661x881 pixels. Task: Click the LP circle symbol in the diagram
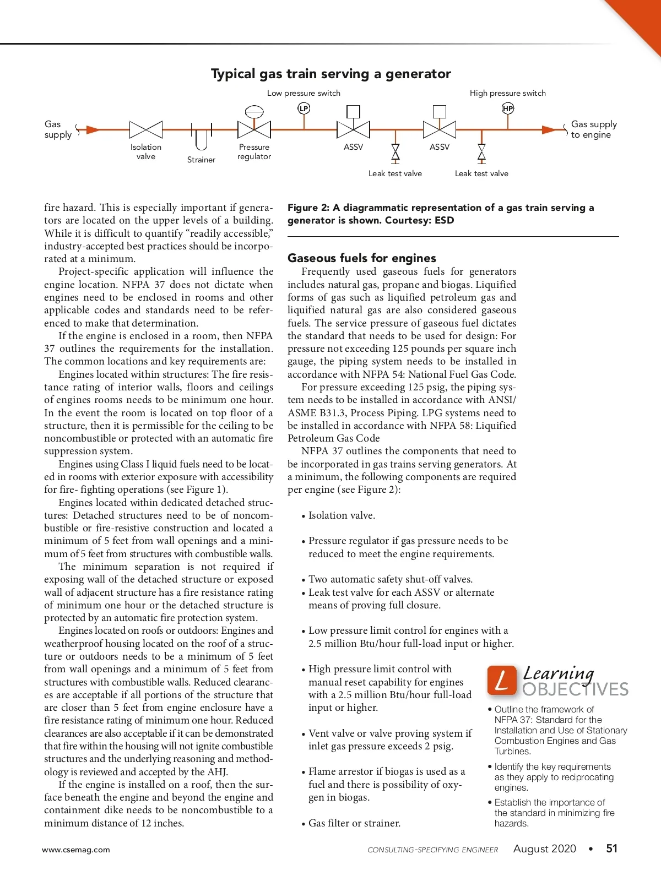click(304, 108)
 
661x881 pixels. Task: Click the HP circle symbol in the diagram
click(508, 108)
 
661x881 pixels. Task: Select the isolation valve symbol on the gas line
click(146, 130)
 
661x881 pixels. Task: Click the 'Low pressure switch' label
click(304, 93)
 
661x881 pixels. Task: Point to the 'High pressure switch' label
click(507, 93)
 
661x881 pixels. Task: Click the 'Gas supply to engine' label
click(594, 129)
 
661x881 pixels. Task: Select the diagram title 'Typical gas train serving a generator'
click(330, 74)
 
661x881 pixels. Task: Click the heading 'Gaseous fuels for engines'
click(362, 258)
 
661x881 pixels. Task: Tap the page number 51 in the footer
click(611, 849)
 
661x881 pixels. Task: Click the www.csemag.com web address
click(76, 850)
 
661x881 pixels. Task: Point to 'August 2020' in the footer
click(544, 849)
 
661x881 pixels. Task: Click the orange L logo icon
click(502, 681)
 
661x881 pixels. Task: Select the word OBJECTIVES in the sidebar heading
click(575, 689)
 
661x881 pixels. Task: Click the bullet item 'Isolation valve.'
click(341, 515)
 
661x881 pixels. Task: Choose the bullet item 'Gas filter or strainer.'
click(354, 823)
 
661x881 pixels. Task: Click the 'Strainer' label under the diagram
click(201, 160)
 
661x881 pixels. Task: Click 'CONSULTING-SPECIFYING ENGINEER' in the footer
click(433, 850)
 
